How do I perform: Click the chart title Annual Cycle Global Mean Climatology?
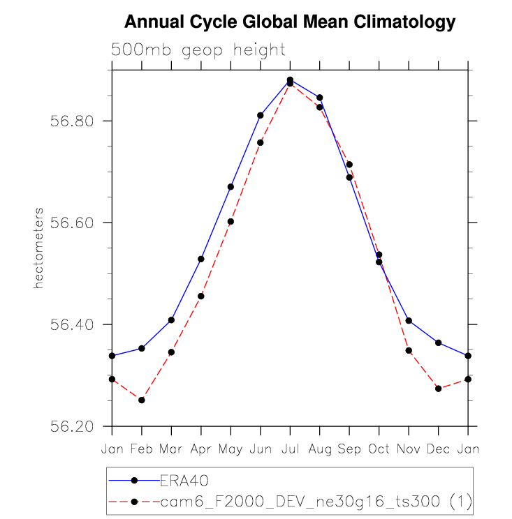pos(289,23)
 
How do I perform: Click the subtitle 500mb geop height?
pos(198,50)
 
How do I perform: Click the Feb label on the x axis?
pos(141,449)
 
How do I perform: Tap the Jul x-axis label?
pos(290,449)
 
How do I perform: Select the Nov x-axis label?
pos(409,449)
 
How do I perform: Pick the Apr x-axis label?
pos(201,449)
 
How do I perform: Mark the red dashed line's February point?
pos(142,400)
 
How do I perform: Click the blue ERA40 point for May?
pos(231,187)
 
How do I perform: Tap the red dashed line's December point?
pos(439,389)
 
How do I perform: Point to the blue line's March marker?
pos(171,320)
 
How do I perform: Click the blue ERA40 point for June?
pos(261,115)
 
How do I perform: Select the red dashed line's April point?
pos(201,296)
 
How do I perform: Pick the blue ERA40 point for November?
pos(409,321)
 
